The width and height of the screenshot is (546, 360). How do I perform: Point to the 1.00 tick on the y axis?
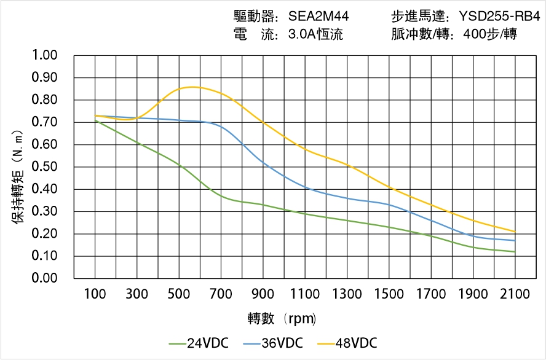tap(44, 55)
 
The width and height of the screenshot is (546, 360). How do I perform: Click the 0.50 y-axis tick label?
tap(44, 167)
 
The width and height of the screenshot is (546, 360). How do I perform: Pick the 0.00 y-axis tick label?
tap(44, 278)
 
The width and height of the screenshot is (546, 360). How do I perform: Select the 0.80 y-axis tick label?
tap(44, 100)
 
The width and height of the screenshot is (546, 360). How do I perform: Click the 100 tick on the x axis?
tap(95, 294)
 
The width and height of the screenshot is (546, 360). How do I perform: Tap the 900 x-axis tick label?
tap(263, 294)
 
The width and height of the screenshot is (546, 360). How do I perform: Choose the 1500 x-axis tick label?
tap(389, 294)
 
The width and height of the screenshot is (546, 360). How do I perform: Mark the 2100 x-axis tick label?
tap(515, 294)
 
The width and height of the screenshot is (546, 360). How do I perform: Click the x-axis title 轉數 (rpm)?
tap(282, 319)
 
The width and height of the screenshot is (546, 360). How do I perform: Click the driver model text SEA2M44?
tap(318, 17)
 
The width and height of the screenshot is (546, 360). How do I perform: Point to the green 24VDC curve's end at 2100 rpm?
tap(515, 252)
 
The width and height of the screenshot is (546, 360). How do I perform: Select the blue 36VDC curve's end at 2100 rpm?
tap(515, 240)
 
